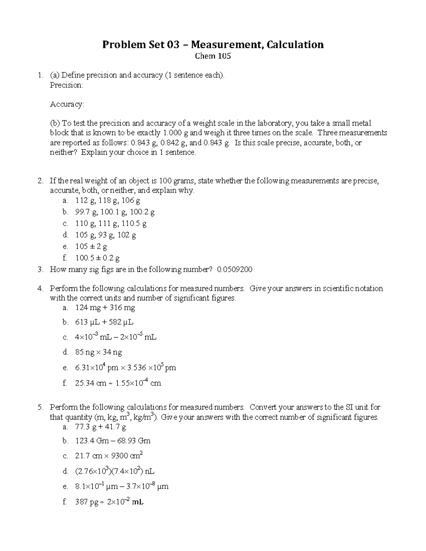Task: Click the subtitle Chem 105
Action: pyautogui.click(x=213, y=56)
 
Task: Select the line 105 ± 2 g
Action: pyautogui.click(x=91, y=247)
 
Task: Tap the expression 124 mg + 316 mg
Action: pyautogui.click(x=105, y=308)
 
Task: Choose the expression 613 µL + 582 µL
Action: pyautogui.click(x=104, y=323)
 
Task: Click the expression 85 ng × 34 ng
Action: pyautogui.click(x=99, y=352)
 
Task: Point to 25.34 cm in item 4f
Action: pyautogui.click(x=91, y=383)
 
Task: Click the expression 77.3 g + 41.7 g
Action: pyautogui.click(x=100, y=427)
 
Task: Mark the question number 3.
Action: pyautogui.click(x=40, y=270)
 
